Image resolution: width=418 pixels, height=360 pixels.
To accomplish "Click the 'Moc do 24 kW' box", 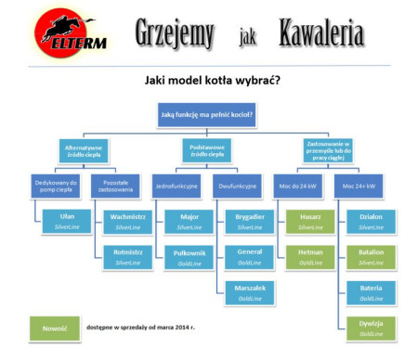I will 298,186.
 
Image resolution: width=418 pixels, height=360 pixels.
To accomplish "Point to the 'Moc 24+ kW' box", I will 359,186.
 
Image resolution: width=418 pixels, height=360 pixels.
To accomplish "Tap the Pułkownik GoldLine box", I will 189,256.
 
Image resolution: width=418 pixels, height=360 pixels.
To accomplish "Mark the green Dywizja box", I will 371,328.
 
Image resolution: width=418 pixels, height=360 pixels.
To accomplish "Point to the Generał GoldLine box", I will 250,256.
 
